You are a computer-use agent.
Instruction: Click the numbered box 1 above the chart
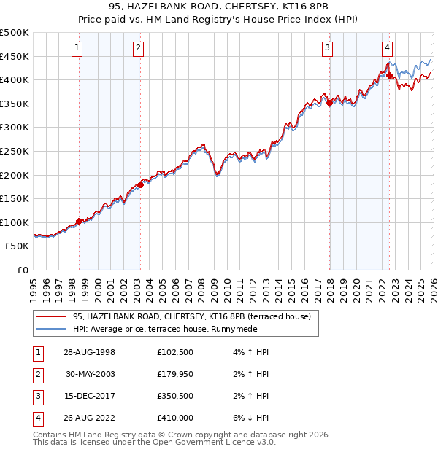[x=77, y=49]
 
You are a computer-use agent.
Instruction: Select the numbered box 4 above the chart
[x=387, y=49]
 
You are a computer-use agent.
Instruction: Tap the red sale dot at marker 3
[x=329, y=104]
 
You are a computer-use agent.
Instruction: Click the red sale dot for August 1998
[x=79, y=221]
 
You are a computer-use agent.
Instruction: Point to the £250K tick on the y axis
[x=15, y=151]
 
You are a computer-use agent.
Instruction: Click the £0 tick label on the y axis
[x=23, y=270]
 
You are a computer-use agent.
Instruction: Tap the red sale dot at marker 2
[x=139, y=184]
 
